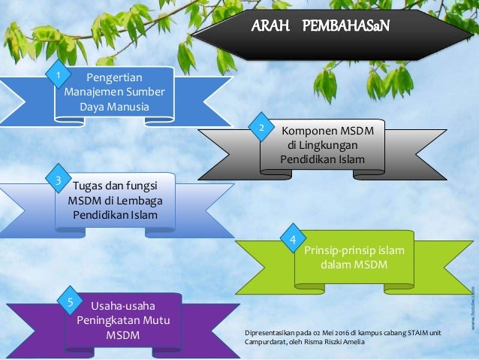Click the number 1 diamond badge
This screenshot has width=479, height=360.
pyautogui.click(x=56, y=76)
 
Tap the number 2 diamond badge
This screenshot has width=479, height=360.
pyautogui.click(x=261, y=129)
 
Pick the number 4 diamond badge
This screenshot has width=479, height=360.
pyautogui.click(x=294, y=240)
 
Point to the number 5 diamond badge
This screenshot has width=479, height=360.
pyautogui.click(x=70, y=303)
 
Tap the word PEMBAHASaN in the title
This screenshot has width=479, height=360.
pyautogui.click(x=346, y=28)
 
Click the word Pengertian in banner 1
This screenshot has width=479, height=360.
pyautogui.click(x=115, y=77)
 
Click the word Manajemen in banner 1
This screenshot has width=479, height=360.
pyautogui.click(x=97, y=92)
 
